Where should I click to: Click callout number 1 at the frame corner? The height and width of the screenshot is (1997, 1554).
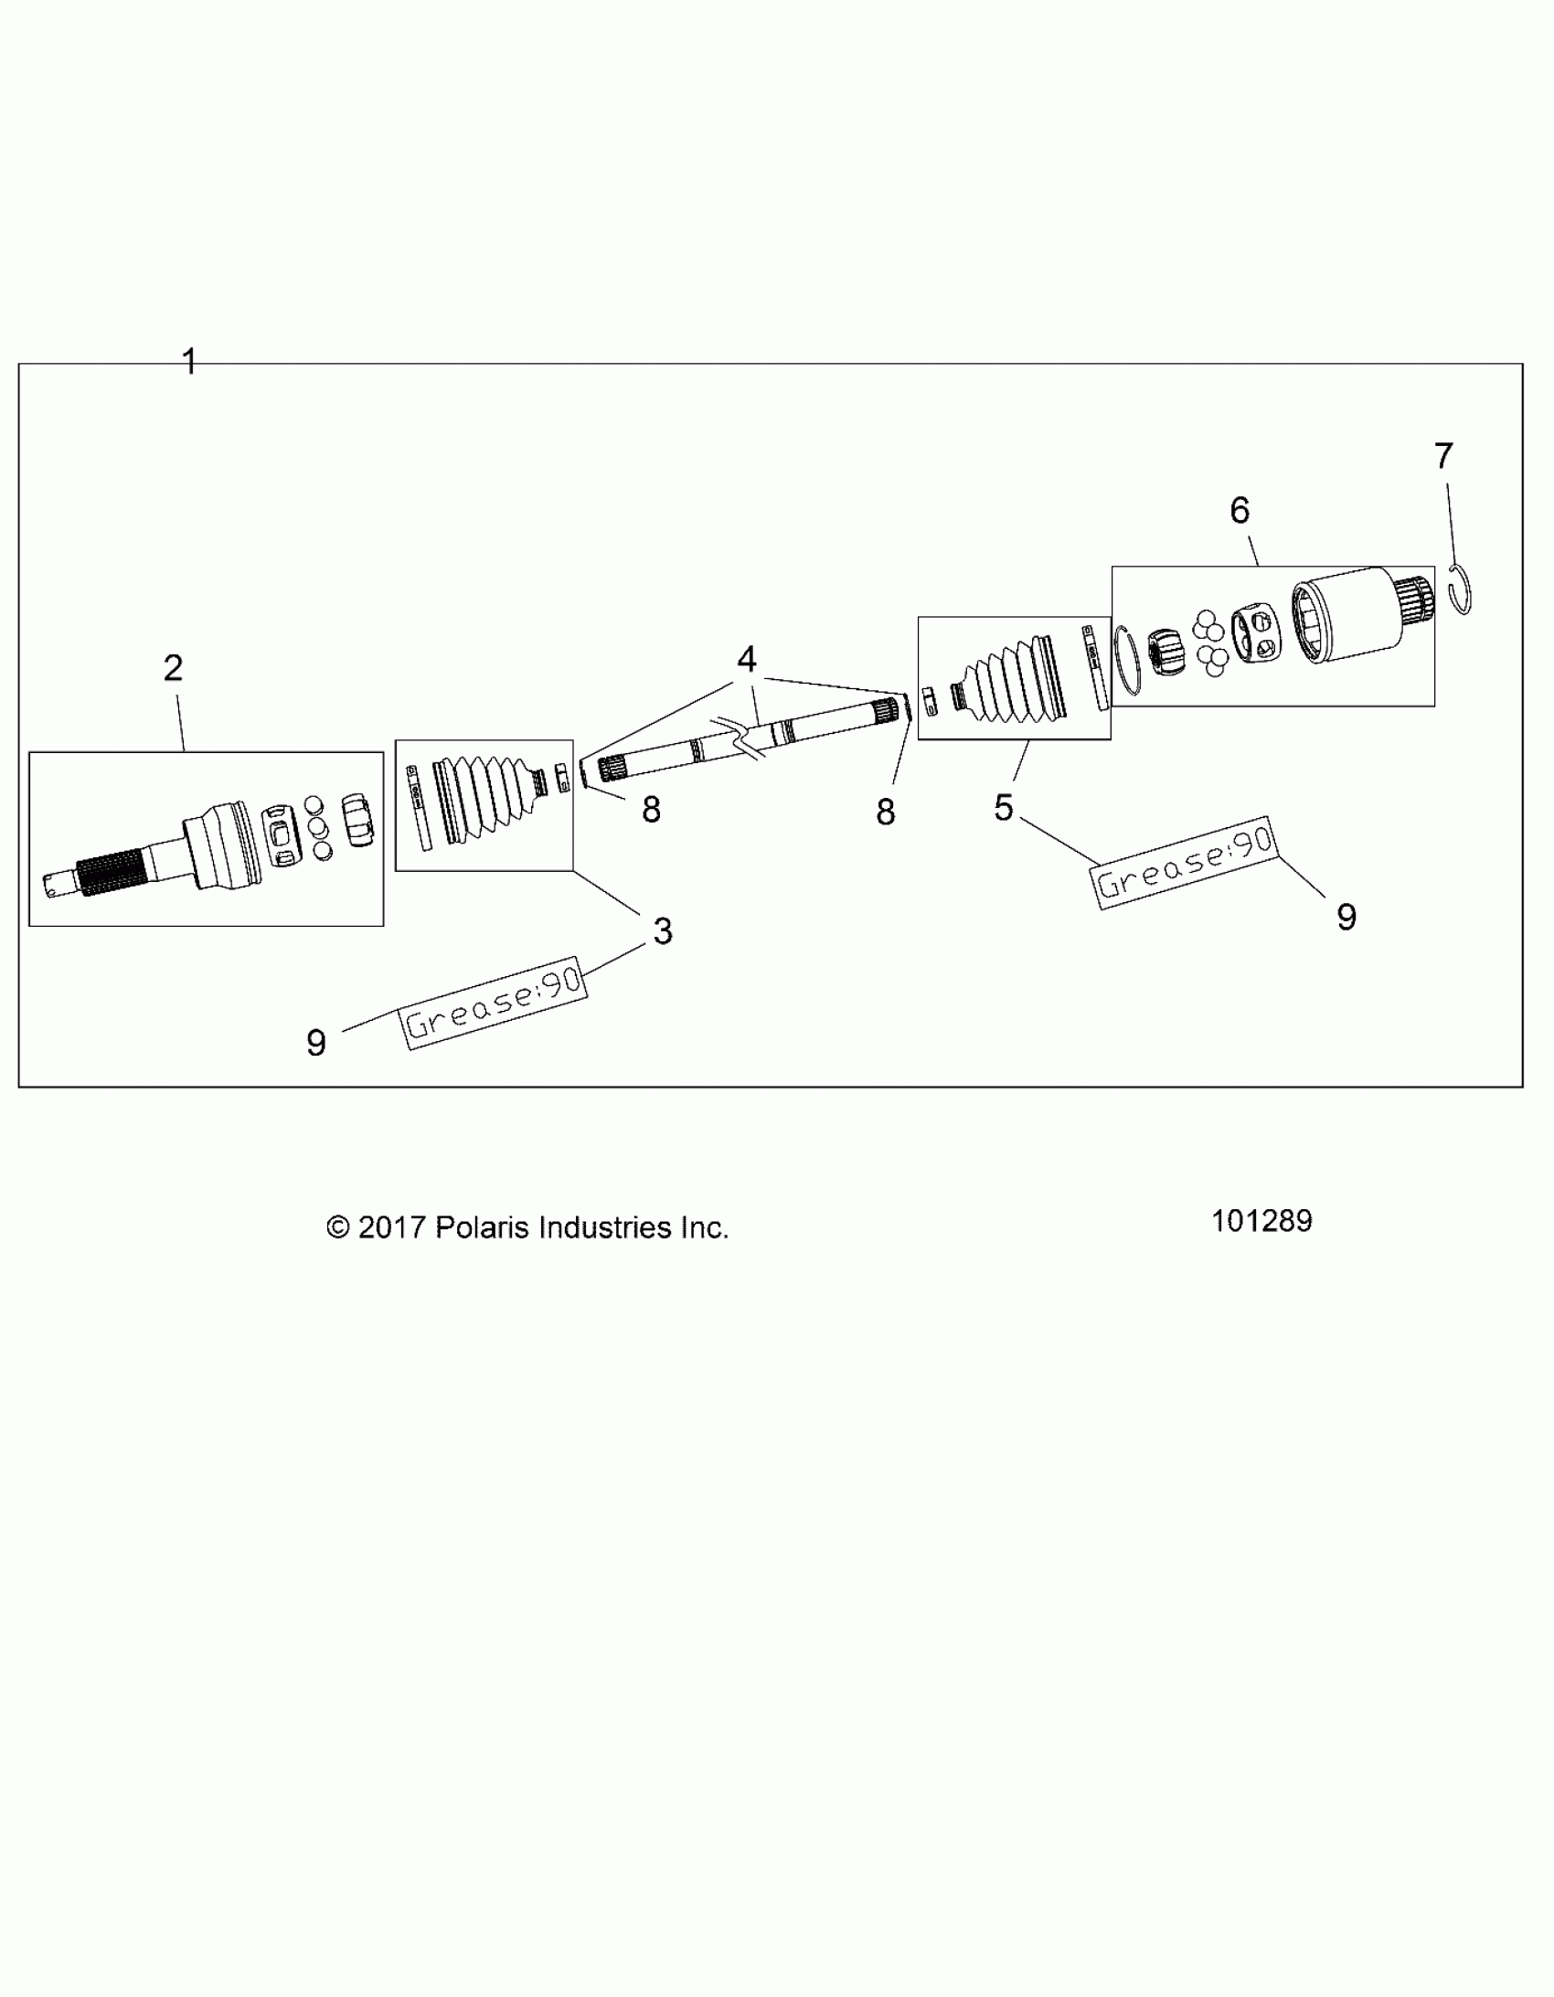click(189, 361)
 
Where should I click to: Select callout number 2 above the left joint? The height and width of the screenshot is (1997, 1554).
click(173, 668)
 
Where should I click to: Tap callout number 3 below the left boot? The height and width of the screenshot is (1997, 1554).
click(662, 930)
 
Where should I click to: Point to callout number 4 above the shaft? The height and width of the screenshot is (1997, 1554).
click(746, 659)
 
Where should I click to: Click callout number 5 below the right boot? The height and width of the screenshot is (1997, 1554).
click(1004, 807)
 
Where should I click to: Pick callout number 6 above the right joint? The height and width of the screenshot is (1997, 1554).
click(1240, 510)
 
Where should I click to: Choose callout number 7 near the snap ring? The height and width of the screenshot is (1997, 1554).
click(1443, 455)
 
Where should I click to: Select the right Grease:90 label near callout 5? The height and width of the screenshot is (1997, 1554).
click(1186, 862)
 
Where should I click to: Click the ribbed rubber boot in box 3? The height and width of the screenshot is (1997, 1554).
click(484, 797)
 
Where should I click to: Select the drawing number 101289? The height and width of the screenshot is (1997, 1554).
click(1261, 1221)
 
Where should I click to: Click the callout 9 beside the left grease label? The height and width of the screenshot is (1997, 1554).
click(315, 1043)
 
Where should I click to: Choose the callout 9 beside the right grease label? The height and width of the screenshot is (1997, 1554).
click(1346, 917)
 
